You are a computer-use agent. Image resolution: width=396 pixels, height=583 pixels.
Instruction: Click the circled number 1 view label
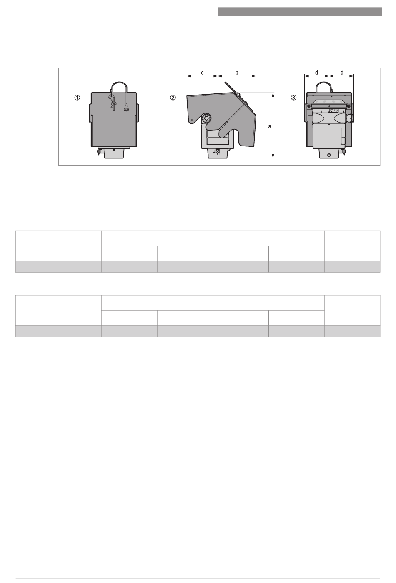point(77,98)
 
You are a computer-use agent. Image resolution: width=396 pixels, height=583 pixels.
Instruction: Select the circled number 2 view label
point(173,98)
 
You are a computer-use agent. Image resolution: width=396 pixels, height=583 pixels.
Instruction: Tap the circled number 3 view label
point(293,98)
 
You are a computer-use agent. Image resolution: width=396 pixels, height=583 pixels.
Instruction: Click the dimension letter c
point(202,73)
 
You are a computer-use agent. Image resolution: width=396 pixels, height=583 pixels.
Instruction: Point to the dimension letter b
point(237,73)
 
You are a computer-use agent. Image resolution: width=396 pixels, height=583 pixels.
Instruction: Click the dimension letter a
point(270,126)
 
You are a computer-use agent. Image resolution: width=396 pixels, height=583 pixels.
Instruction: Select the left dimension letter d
point(317,73)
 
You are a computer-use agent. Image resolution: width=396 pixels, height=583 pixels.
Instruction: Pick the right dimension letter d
point(342,73)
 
